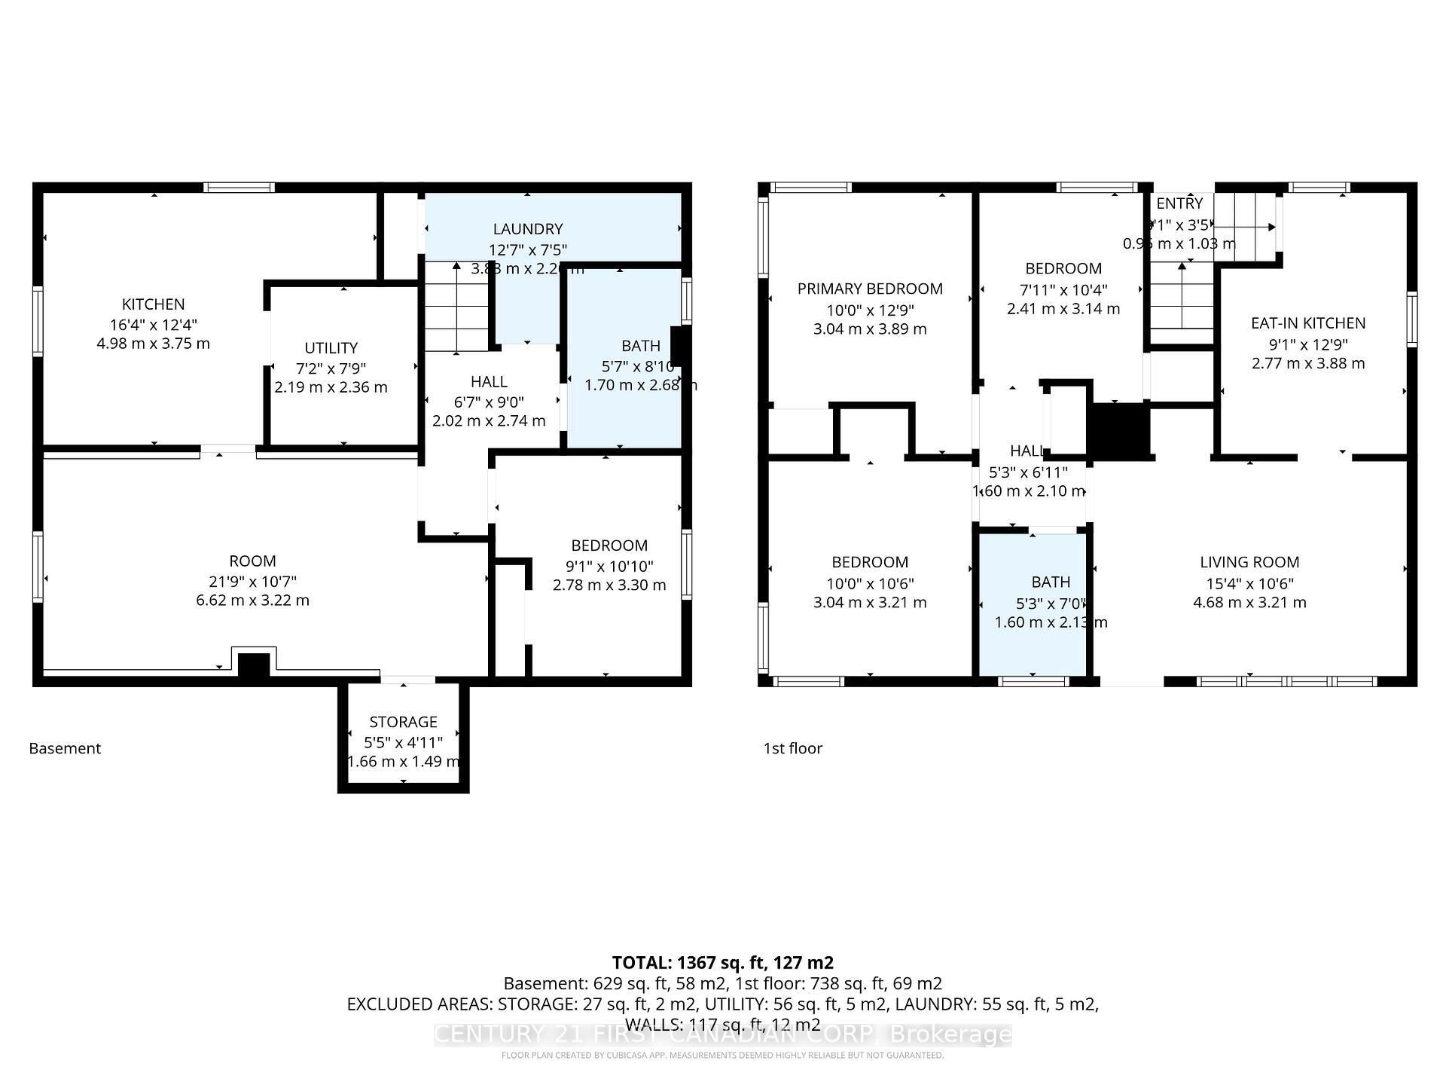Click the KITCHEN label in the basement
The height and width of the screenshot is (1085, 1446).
(x=153, y=304)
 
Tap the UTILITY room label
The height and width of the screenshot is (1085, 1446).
(x=331, y=348)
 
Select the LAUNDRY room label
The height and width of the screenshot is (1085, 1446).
(x=528, y=229)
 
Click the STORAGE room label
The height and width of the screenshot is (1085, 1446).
(x=403, y=722)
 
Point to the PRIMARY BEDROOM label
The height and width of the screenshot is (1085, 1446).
(x=870, y=289)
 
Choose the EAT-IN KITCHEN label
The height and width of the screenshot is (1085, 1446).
(x=1308, y=323)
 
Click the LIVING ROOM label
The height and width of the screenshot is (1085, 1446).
(x=1249, y=562)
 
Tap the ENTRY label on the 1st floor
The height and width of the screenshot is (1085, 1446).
(x=1179, y=203)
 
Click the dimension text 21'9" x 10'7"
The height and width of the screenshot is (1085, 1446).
(x=252, y=581)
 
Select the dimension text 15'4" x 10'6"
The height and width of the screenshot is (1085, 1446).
(x=1249, y=583)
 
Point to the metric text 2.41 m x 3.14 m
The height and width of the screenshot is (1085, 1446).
(x=1063, y=309)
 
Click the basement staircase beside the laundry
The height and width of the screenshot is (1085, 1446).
(x=456, y=307)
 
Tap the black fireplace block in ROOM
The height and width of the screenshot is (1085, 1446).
(x=254, y=665)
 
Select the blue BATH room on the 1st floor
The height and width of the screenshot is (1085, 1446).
(x=1033, y=603)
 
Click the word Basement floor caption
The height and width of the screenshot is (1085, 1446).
(x=65, y=748)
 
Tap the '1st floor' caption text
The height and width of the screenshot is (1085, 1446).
(x=792, y=748)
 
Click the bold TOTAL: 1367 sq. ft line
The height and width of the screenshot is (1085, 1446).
(x=722, y=962)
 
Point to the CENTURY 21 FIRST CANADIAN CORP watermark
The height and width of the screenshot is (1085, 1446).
(x=722, y=1035)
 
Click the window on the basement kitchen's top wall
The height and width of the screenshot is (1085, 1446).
(x=239, y=188)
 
